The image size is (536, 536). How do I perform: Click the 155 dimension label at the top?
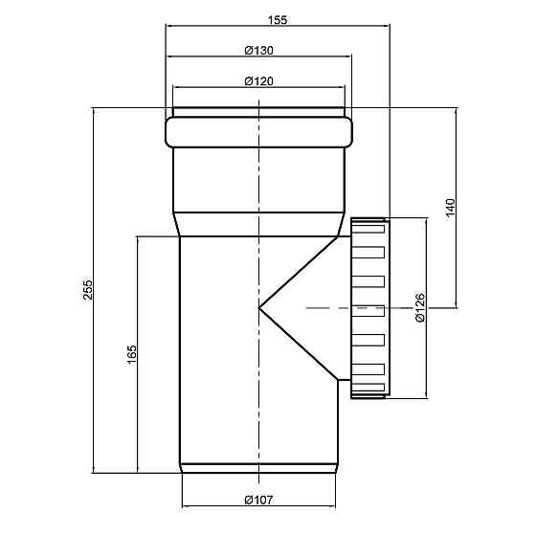coord(278,20)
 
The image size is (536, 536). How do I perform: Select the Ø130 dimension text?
coord(259,51)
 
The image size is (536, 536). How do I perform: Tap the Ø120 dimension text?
coord(259,81)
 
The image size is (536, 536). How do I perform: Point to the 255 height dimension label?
coord(88,289)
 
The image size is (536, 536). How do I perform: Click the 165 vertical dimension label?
coord(132,354)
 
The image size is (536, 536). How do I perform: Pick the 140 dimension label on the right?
coord(451,207)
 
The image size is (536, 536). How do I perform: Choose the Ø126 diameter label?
coord(420,307)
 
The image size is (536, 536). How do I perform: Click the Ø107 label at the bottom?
coord(259,500)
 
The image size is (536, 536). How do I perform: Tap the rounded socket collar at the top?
coord(258,132)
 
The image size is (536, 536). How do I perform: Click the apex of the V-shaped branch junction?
coord(259,308)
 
